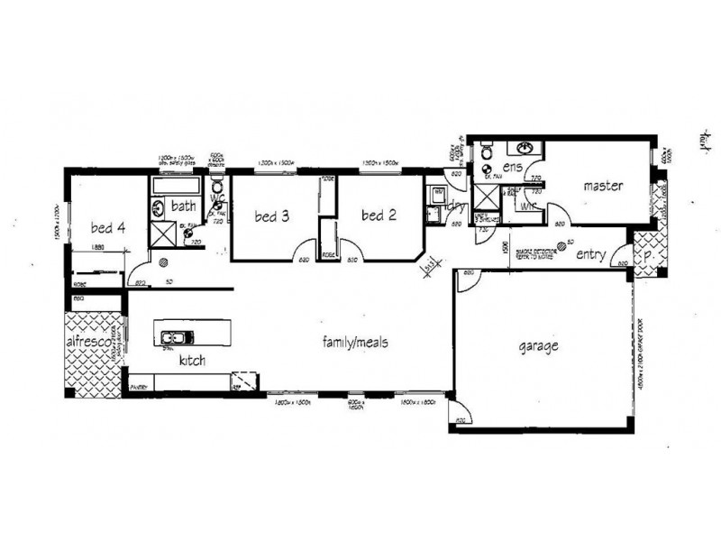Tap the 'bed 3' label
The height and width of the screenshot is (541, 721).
click(x=271, y=215)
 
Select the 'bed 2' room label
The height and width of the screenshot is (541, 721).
click(x=379, y=215)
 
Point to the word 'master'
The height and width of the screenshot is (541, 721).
click(x=604, y=187)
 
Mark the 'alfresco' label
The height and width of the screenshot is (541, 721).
click(x=87, y=344)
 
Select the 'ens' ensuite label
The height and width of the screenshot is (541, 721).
click(x=514, y=168)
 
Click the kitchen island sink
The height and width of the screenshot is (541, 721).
click(x=171, y=339)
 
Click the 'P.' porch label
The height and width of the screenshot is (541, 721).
click(x=648, y=254)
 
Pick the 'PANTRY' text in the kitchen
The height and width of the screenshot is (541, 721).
click(x=138, y=386)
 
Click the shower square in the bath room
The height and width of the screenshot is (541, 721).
click(x=163, y=233)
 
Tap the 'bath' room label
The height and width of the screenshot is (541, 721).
click(x=184, y=206)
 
